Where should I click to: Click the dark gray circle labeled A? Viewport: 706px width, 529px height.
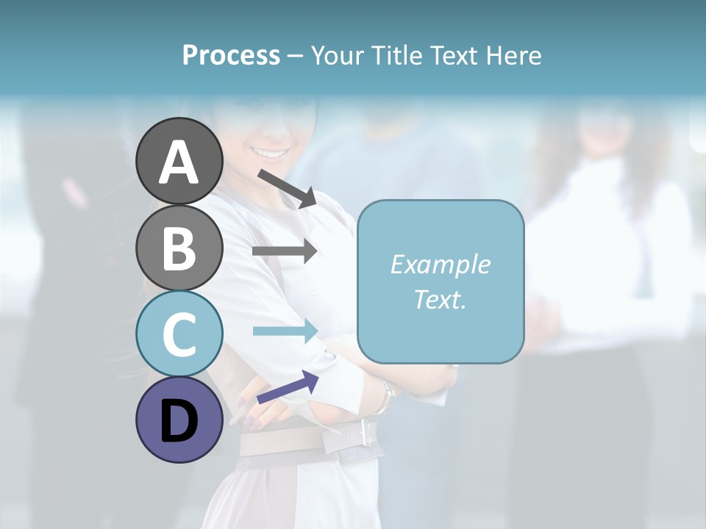(179, 161)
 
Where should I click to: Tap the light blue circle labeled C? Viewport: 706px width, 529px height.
(179, 334)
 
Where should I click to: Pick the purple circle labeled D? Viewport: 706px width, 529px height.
(179, 420)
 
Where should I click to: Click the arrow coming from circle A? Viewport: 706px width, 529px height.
(287, 188)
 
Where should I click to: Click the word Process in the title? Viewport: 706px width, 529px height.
(231, 55)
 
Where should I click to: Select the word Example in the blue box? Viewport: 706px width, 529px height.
(440, 264)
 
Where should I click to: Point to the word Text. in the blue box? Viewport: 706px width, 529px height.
(440, 299)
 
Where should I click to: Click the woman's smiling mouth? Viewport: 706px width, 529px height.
(271, 154)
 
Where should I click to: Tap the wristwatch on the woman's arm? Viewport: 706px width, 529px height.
(385, 397)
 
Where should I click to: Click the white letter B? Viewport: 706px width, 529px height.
(179, 248)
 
